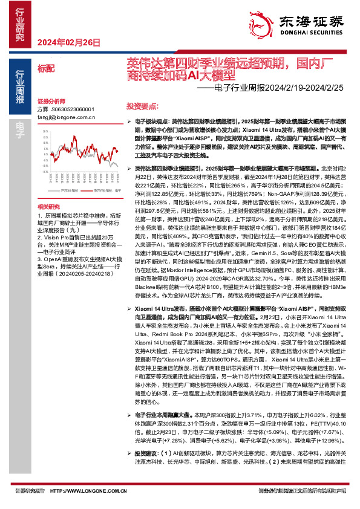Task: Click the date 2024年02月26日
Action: [68, 42]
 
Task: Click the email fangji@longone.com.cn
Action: [66, 116]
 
